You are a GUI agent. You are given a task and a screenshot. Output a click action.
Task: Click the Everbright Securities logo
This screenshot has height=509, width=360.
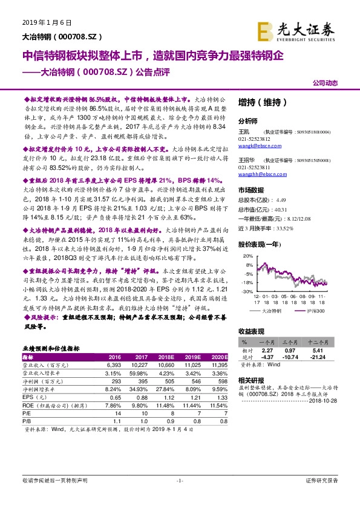tap(295, 30)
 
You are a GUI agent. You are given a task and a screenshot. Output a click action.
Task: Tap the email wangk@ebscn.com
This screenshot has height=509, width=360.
tap(254, 146)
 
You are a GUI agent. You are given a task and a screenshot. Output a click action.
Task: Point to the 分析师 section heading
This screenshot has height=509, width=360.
tap(248, 120)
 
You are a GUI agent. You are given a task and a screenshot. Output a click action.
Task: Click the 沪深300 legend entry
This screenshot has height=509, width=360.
tap(315, 310)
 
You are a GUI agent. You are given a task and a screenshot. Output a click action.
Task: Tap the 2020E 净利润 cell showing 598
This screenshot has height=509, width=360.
tap(221, 381)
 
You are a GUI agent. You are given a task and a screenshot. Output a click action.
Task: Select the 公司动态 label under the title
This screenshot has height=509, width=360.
tap(325, 83)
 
